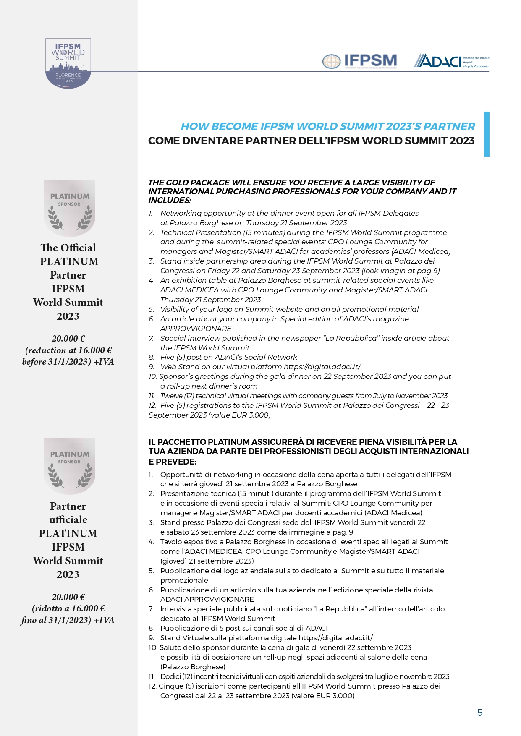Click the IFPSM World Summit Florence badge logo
pyautogui.click(x=68, y=63)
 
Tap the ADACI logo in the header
pyautogui.click(x=451, y=61)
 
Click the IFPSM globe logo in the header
pyautogui.click(x=360, y=61)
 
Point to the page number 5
pyautogui.click(x=480, y=713)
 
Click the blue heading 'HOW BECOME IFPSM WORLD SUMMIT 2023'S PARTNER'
pyautogui.click(x=327, y=127)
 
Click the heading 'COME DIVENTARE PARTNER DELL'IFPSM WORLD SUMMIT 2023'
pyautogui.click(x=311, y=141)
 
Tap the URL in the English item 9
pyautogui.click(x=322, y=367)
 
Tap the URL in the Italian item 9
pyautogui.click(x=335, y=638)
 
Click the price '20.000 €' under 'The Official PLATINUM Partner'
pyautogui.click(x=68, y=339)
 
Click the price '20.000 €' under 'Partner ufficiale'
pyautogui.click(x=68, y=597)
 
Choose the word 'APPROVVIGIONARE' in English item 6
pyautogui.click(x=196, y=329)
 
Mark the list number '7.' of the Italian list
pyautogui.click(x=152, y=609)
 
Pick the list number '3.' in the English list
pyautogui.click(x=152, y=261)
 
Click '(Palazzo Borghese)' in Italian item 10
pyautogui.click(x=193, y=667)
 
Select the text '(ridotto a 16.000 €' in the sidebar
pyautogui.click(x=68, y=608)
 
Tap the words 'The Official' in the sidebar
pyautogui.click(x=68, y=248)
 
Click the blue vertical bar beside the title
pyautogui.click(x=487, y=134)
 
